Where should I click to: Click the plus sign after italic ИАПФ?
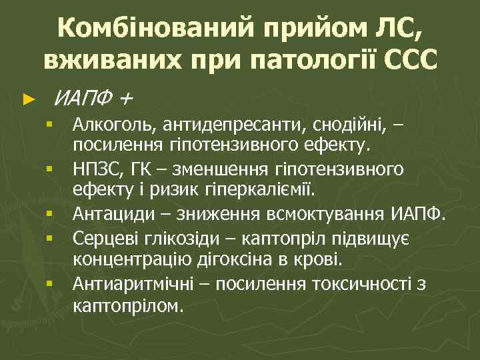point(127,99)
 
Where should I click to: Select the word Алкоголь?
point(108,123)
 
